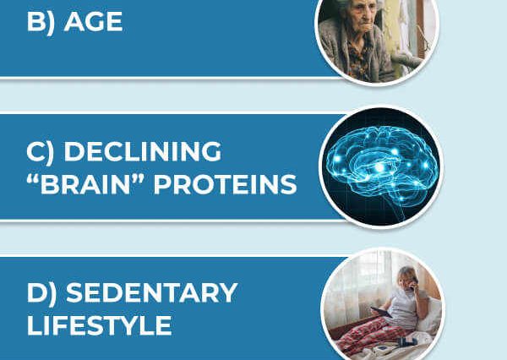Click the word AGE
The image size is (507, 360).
93,22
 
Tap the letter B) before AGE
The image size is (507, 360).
41,23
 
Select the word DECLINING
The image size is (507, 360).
143,151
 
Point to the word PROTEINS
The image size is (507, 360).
225,184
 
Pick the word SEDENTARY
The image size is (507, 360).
152,292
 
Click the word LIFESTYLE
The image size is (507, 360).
99,325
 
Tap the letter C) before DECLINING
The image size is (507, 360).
41,152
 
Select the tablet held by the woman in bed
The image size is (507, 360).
381,312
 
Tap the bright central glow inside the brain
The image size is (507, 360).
379,167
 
